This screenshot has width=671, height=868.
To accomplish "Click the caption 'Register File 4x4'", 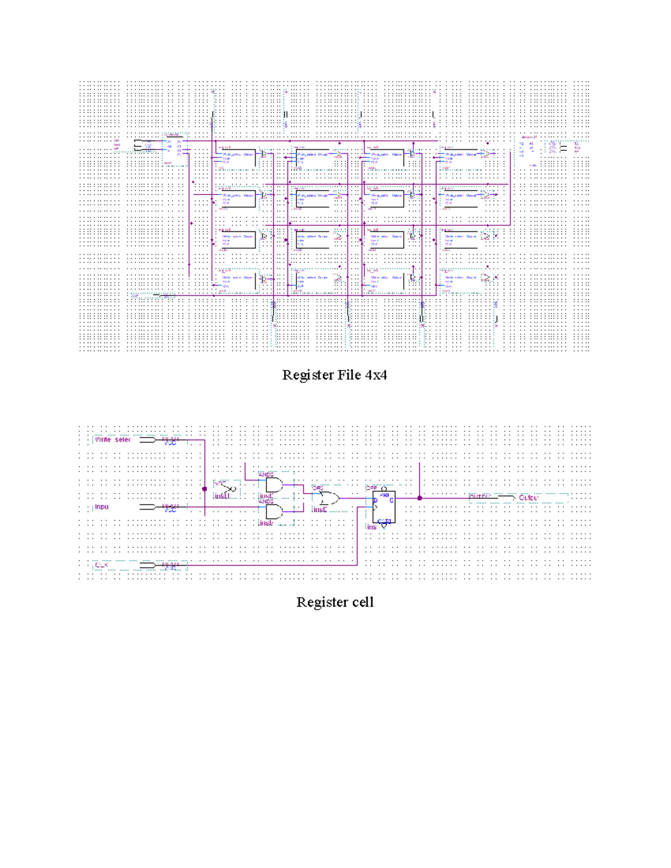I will pos(334,374).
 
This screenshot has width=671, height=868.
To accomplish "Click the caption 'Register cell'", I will pos(334,602).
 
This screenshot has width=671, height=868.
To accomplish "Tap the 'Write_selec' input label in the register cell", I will pos(112,440).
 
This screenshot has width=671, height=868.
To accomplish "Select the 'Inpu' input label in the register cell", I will pos(102,507).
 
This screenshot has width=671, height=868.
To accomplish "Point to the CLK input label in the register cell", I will pos(101,565).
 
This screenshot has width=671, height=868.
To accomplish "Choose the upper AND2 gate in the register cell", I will pos(274,485).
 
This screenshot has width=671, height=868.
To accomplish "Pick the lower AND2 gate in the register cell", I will pos(274,511).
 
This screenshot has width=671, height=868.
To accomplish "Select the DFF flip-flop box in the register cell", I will pos(384,506).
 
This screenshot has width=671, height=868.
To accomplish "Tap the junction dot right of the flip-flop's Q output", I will pos(420,497).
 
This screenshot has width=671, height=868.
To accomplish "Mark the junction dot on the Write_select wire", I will pos(205,488).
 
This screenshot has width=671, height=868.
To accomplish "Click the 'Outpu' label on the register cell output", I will pos(528,497).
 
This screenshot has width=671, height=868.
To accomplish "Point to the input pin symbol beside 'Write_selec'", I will pos(148,440).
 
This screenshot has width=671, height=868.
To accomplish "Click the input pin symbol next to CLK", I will pos(148,565).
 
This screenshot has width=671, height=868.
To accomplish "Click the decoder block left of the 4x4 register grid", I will pos(174,149).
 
